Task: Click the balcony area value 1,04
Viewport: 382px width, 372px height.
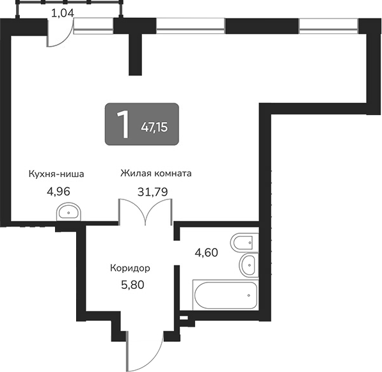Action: [x=63, y=12]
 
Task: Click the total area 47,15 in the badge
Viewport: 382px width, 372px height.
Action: [x=154, y=127]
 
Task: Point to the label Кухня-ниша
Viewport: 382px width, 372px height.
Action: [x=56, y=173]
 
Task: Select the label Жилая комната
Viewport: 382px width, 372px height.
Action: [x=157, y=173]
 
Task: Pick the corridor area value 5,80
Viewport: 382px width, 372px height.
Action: [x=132, y=284]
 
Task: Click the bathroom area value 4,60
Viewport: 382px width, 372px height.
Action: [x=206, y=252]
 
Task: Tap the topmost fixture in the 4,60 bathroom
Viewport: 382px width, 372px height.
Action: [x=244, y=243]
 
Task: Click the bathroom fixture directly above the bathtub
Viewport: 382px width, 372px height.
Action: [x=247, y=264]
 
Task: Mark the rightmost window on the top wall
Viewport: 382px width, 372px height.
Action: [x=328, y=26]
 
